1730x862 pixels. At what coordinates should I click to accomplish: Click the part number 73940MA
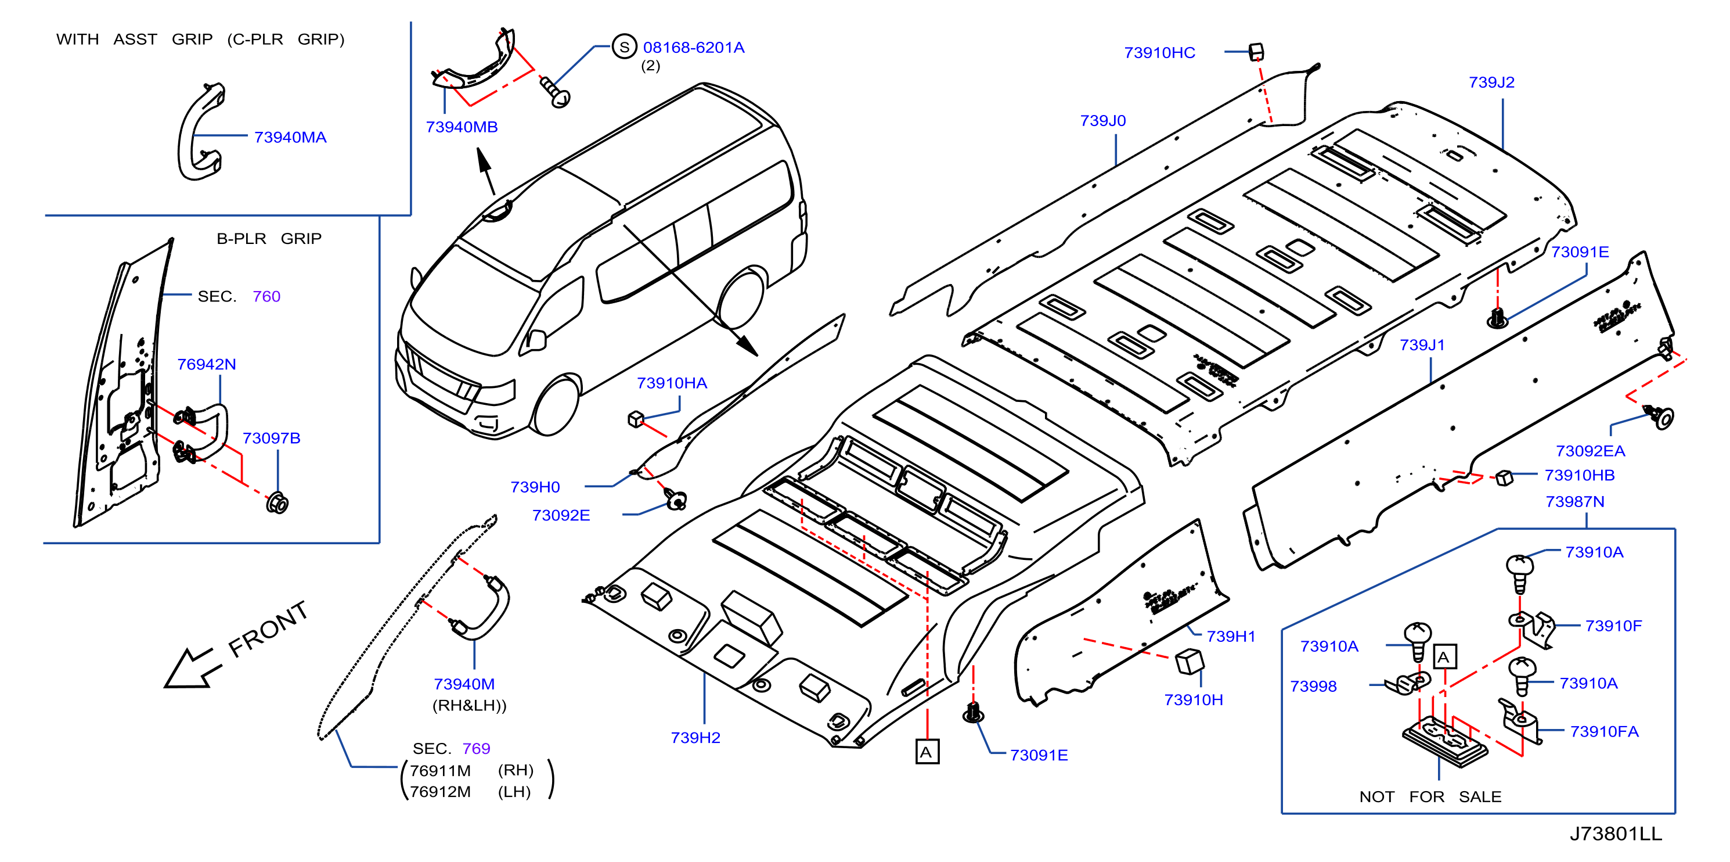290,137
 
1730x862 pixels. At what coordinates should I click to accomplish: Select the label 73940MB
462,127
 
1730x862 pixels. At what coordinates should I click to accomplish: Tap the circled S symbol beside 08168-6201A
625,47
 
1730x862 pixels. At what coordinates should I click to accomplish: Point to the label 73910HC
1159,52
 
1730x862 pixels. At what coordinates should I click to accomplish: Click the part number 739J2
1491,82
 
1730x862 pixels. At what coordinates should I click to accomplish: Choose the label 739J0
1103,120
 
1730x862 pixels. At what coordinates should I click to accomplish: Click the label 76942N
206,364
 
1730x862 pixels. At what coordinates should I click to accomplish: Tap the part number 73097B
271,438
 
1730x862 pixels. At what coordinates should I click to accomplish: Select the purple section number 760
266,296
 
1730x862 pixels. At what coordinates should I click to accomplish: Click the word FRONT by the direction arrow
268,629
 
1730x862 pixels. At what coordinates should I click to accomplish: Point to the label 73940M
464,684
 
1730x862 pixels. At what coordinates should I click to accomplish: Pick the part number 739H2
695,738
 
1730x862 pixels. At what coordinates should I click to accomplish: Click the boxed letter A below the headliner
927,752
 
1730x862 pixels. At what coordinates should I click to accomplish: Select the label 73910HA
672,383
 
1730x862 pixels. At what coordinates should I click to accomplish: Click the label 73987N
1575,502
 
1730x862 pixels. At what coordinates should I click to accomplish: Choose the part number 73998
1313,686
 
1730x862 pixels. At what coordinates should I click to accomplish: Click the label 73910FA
1604,732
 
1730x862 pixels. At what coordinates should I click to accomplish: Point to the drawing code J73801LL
1615,834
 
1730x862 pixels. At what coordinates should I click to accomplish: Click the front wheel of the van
556,404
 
